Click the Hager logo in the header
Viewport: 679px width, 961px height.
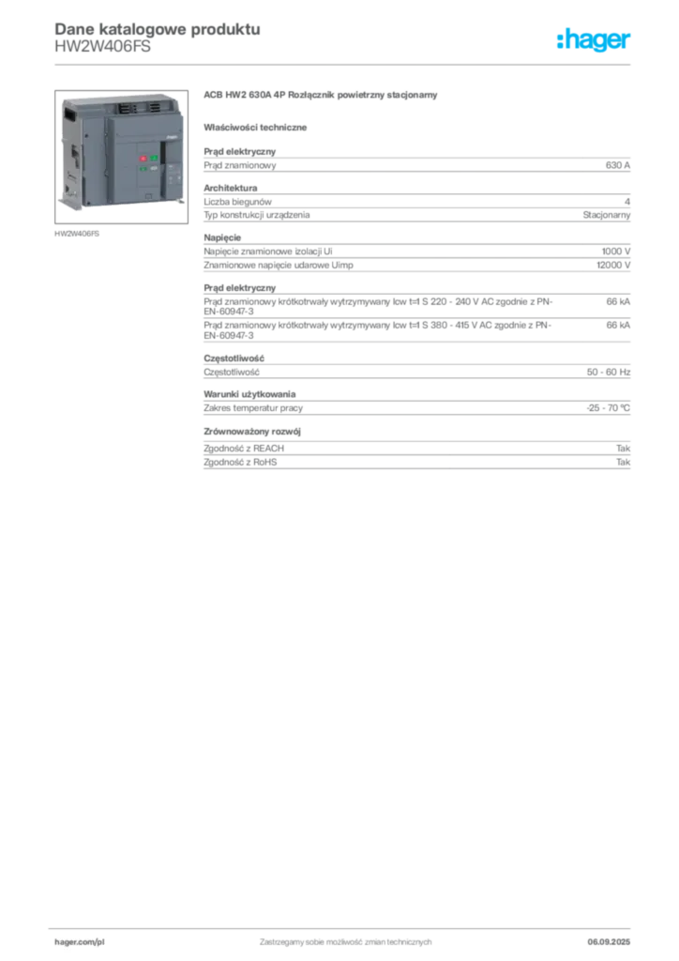click(x=594, y=39)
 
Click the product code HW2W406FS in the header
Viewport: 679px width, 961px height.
click(x=102, y=47)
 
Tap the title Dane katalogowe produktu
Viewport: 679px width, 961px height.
click(x=158, y=29)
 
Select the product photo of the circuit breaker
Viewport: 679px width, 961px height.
click(x=121, y=157)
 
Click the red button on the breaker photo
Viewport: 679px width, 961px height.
click(x=143, y=159)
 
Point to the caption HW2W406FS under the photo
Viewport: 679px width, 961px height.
click(x=77, y=234)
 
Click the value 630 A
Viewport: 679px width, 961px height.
click(x=618, y=165)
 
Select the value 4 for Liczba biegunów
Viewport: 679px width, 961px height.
click(x=627, y=202)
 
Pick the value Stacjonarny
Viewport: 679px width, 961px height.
click(x=606, y=215)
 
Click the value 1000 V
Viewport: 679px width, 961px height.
click(x=616, y=252)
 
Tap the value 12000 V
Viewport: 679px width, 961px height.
click(x=613, y=266)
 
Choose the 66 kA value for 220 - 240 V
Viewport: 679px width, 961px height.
click(x=618, y=301)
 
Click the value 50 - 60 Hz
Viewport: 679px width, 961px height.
click(x=609, y=372)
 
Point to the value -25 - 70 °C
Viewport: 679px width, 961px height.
click(x=608, y=408)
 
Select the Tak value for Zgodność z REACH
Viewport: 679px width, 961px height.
click(x=624, y=449)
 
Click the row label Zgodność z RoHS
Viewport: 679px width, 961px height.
click(x=240, y=462)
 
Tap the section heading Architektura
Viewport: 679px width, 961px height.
click(x=230, y=188)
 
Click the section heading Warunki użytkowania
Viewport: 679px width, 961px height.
click(x=249, y=394)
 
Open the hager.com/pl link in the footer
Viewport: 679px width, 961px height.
click(x=80, y=942)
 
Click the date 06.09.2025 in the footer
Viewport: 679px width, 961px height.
click(x=609, y=942)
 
